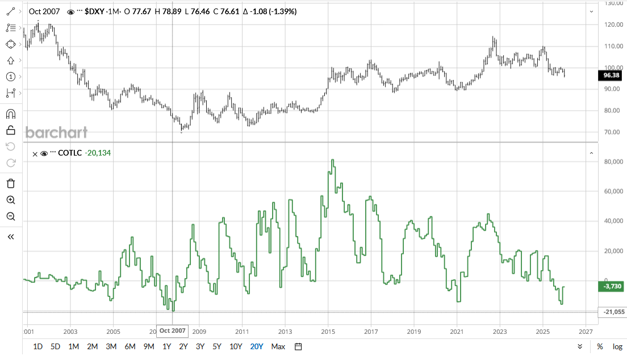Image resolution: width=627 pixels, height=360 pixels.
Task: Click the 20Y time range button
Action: coord(257,346)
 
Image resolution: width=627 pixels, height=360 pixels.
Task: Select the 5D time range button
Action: coord(55,346)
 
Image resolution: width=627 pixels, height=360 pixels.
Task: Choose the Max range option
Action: coord(278,346)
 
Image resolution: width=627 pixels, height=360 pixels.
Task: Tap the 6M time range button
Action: coord(129,346)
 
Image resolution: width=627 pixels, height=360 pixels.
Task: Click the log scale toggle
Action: coord(617,346)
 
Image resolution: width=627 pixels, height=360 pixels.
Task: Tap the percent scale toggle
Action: coord(600,346)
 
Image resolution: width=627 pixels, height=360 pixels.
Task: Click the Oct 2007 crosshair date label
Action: coord(172,330)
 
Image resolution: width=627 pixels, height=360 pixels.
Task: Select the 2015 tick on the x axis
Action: coord(328,331)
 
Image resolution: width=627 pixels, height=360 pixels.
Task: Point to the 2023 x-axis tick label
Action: coord(500,331)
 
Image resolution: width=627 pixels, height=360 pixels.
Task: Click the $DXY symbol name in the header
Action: coord(94,11)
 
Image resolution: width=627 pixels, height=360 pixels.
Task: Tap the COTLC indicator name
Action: coord(70,153)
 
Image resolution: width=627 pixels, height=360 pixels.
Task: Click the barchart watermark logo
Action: coord(56,133)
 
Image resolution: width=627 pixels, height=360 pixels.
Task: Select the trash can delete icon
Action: coord(10,183)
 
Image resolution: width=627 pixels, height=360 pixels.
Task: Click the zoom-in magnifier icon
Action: coord(10,200)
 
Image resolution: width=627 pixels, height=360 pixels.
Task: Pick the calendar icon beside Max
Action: coord(298,346)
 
